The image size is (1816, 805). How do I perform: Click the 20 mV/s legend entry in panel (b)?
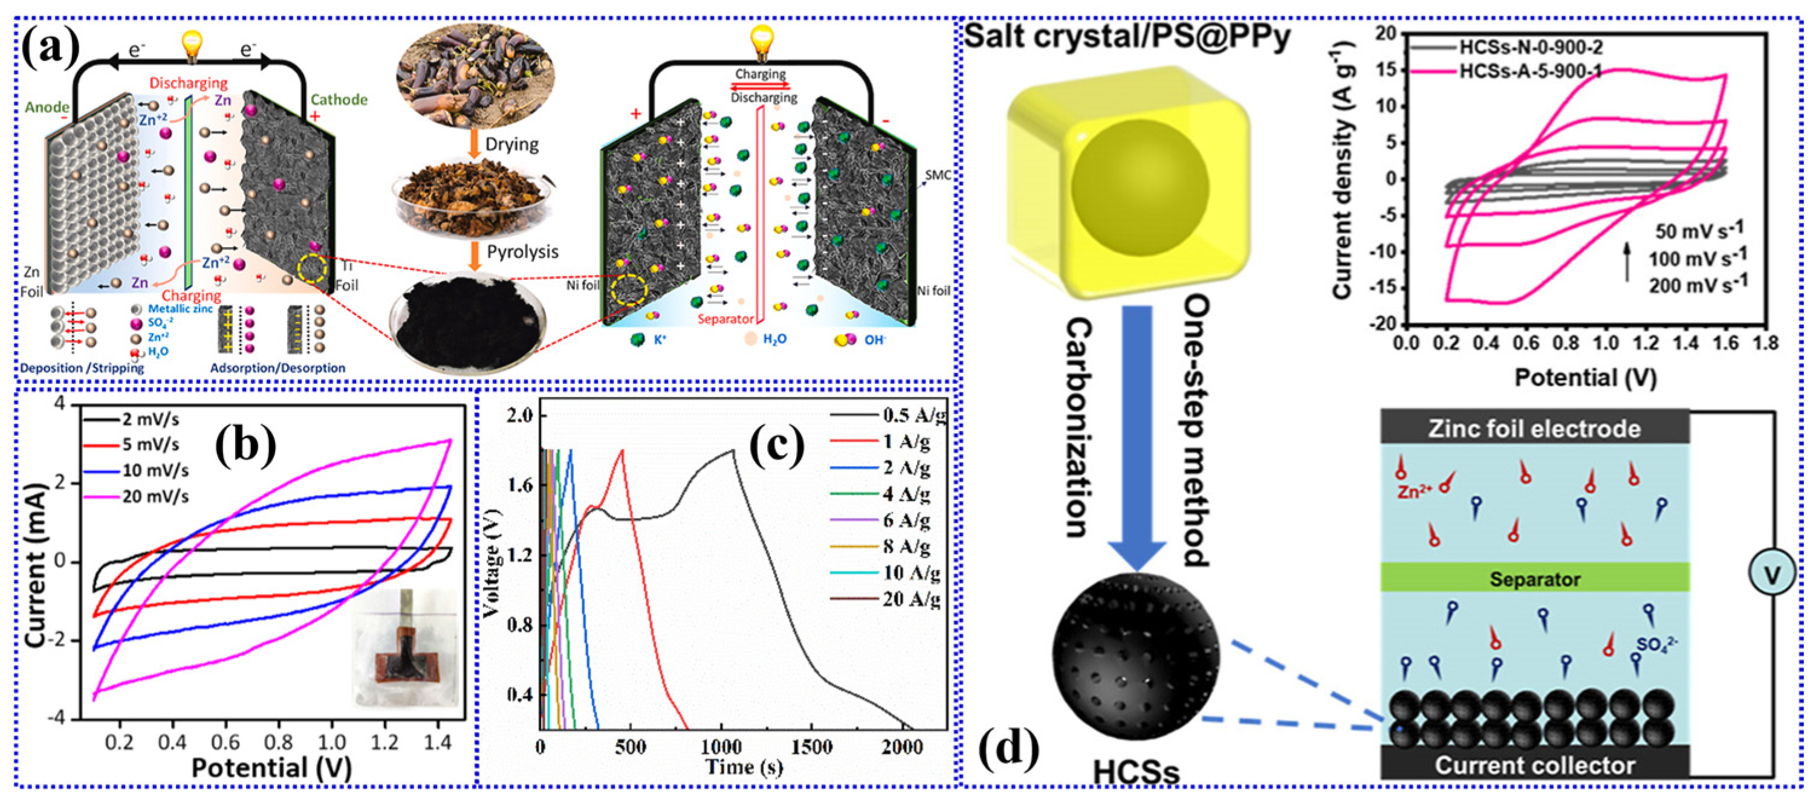155,496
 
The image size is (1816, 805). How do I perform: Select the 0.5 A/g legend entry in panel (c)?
913,415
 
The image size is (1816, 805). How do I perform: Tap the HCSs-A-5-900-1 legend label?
1530,71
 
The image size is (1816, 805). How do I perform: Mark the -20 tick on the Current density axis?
1382,323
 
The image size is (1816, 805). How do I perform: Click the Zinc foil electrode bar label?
1534,428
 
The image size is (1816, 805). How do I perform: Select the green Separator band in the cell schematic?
1534,579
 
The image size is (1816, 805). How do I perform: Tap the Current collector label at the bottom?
1534,766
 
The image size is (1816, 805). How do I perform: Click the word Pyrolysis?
522,251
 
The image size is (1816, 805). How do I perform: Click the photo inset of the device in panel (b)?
406,647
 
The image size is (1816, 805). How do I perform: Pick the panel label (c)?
776,447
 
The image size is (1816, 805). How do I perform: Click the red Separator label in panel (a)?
725,318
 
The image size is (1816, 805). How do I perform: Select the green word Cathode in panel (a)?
339,99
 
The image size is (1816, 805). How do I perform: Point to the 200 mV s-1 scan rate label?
1698,285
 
